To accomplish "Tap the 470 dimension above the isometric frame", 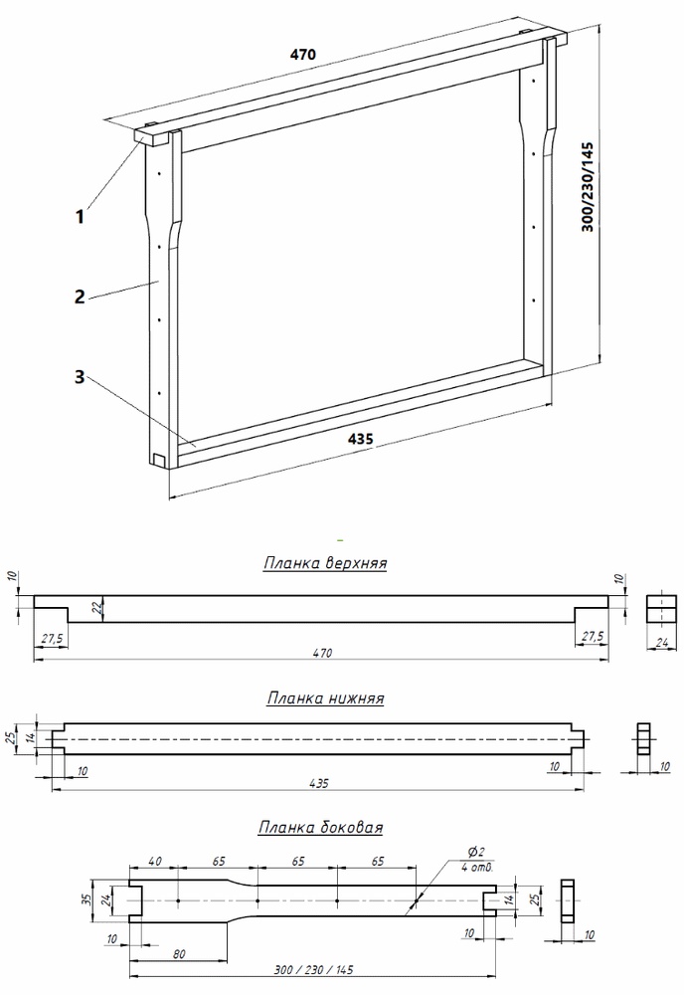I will [x=302, y=56].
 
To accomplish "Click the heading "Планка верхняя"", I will [x=324, y=563].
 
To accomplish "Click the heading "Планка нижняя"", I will [x=325, y=698].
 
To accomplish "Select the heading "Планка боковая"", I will [x=321, y=827].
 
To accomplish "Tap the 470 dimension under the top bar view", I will [x=320, y=653].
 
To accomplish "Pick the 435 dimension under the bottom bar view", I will [x=320, y=783].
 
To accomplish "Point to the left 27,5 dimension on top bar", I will [x=51, y=636].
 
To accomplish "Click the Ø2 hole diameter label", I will [x=475, y=852].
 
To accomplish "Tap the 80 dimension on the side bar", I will [x=179, y=954].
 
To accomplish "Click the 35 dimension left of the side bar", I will [x=86, y=898].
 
